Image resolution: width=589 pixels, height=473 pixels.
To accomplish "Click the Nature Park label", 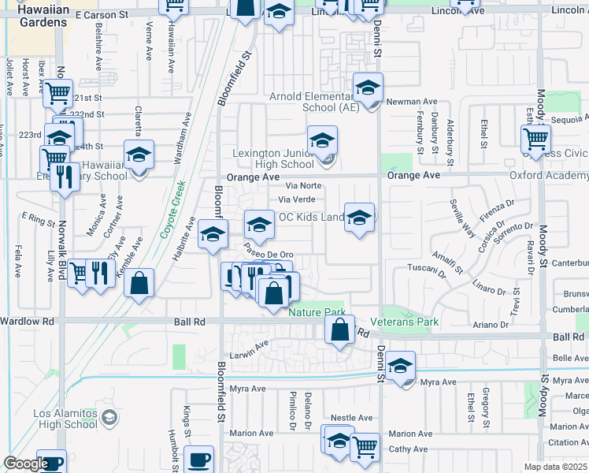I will pos(316,313).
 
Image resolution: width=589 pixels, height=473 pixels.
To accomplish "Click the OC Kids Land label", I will pos(312,217).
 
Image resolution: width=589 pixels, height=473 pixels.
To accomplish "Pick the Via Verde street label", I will pos(297,199).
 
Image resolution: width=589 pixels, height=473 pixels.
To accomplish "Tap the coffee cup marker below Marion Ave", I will pos(198,460).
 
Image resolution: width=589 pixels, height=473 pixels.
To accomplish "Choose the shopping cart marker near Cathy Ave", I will pos(365,447).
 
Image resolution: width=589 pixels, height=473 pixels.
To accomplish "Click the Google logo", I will pos(26,464).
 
